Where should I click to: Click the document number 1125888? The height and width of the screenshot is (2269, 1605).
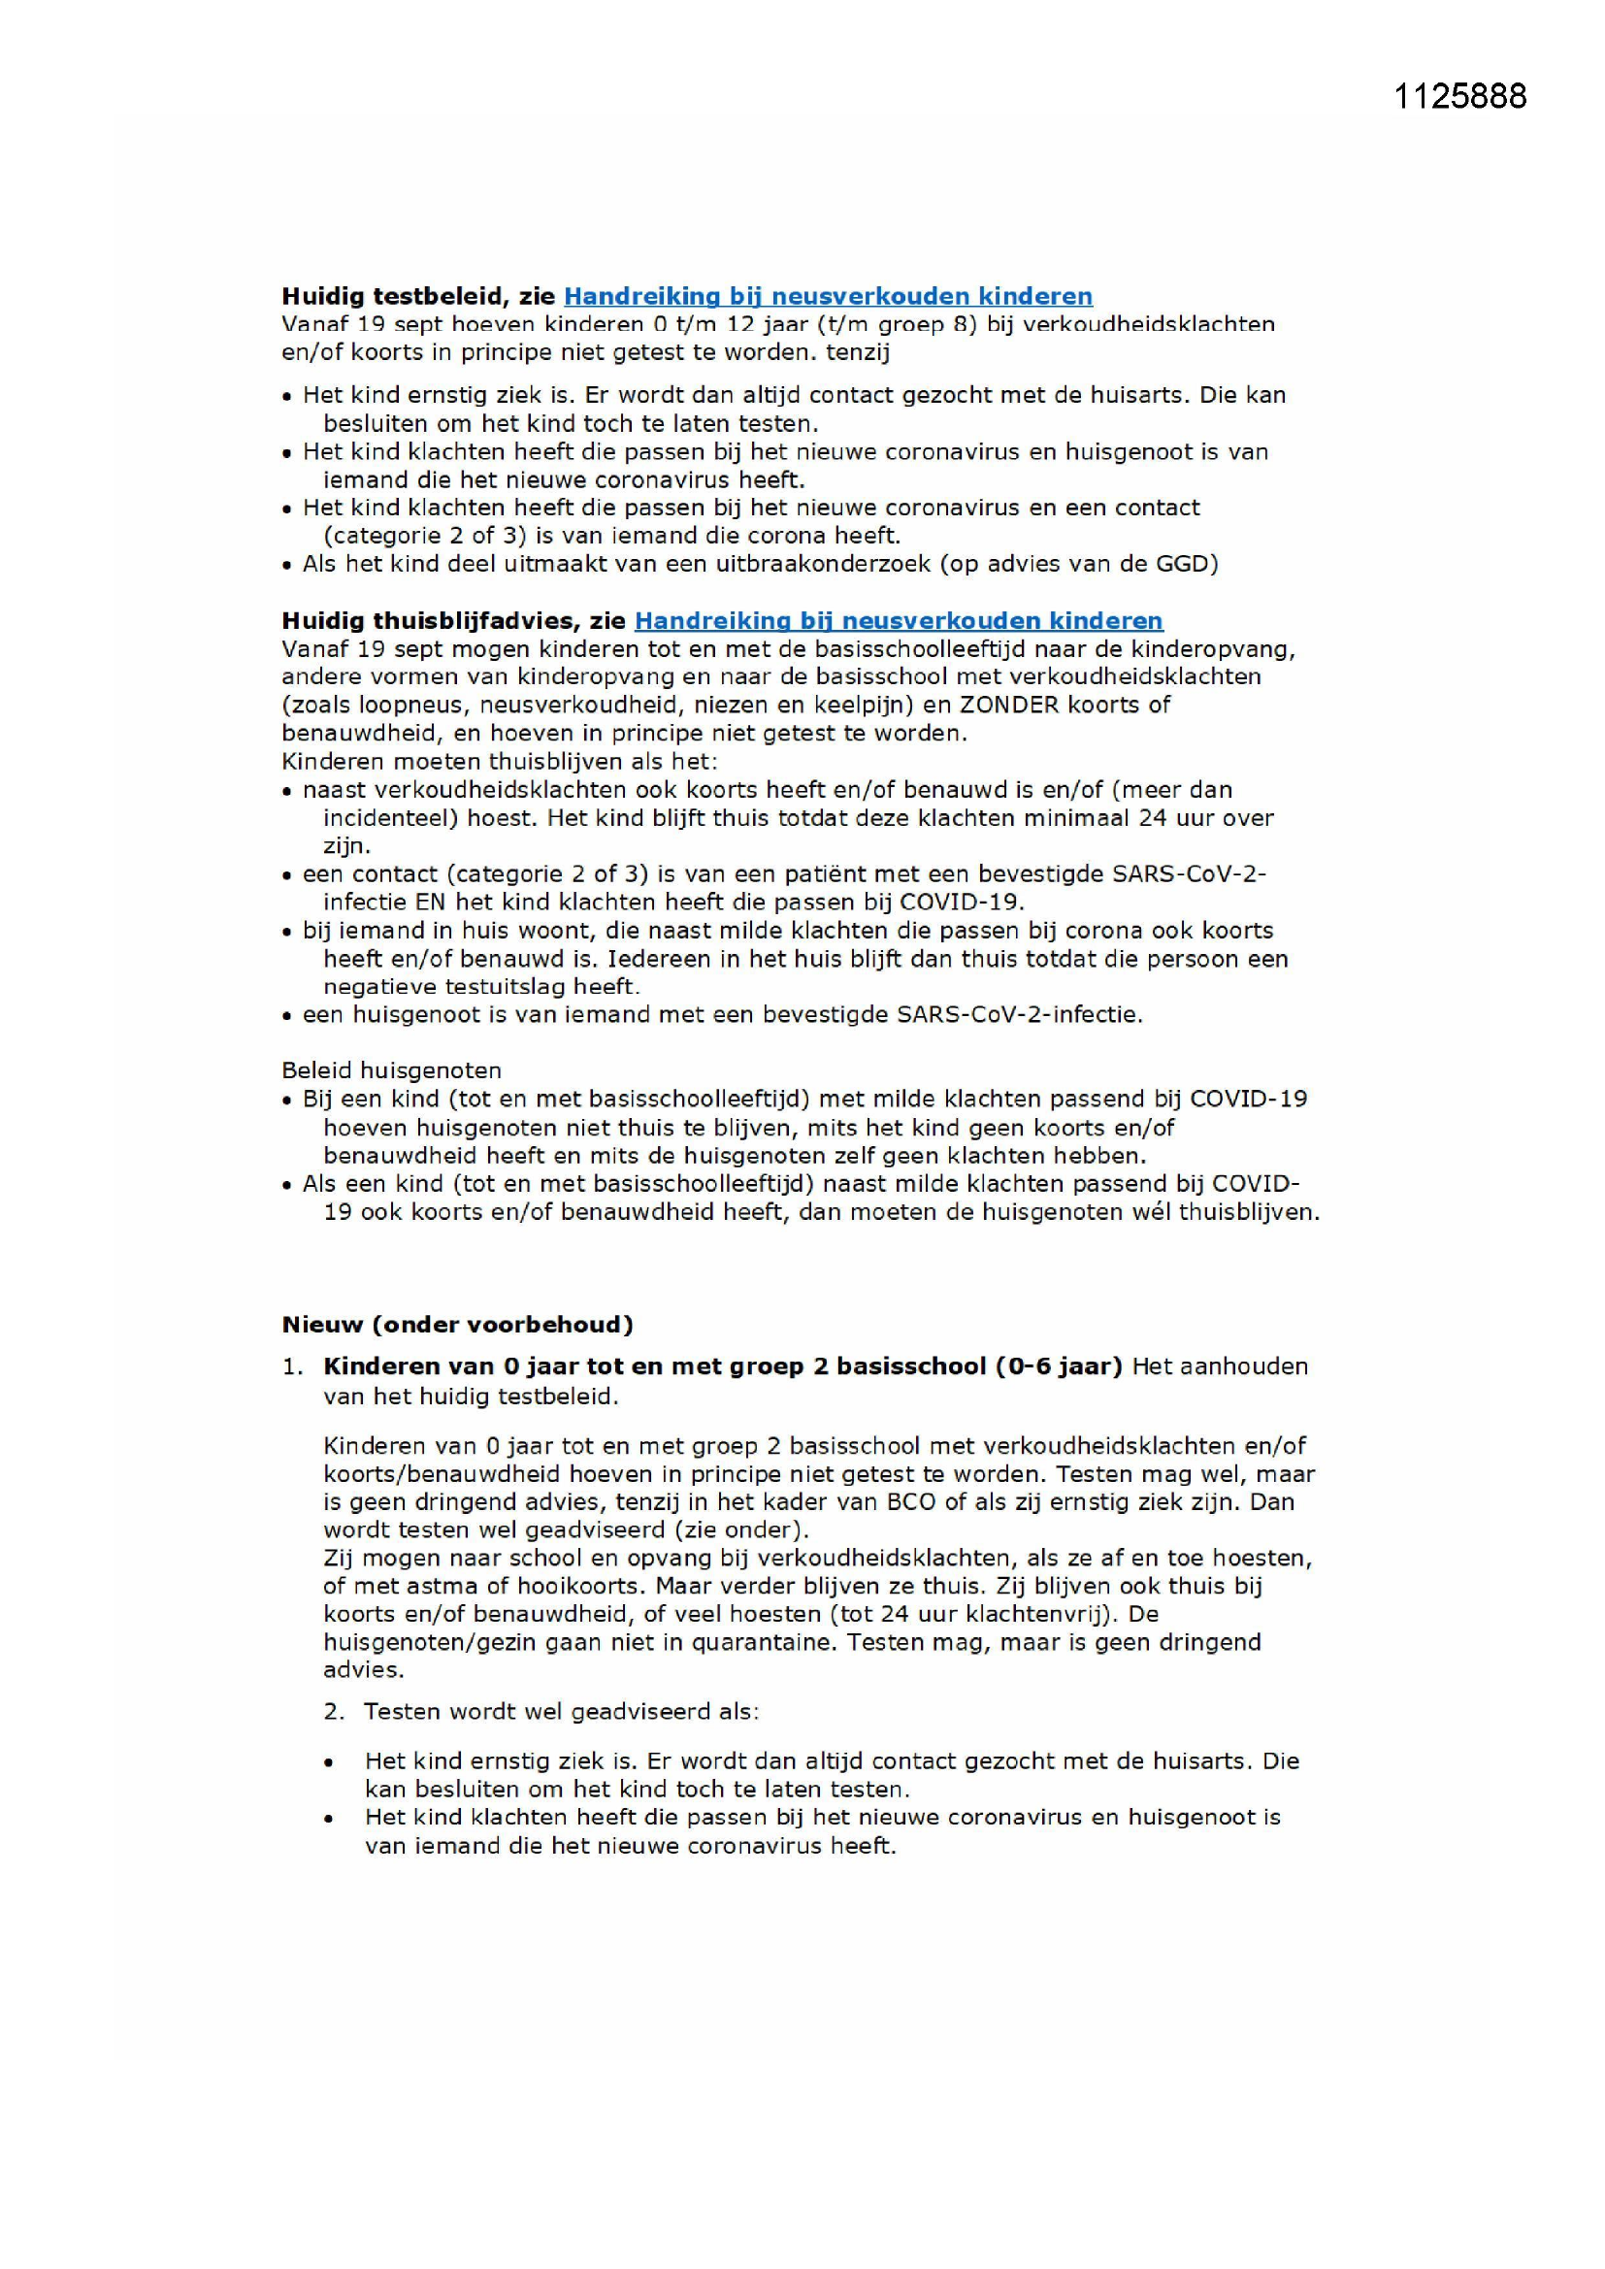pyautogui.click(x=1459, y=96)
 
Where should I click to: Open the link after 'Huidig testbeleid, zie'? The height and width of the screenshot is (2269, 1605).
pyautogui.click(x=828, y=296)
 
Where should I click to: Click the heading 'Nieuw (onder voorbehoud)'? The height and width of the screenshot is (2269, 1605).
pyautogui.click(x=457, y=1325)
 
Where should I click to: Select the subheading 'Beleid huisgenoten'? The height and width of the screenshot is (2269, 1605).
pyautogui.click(x=391, y=1070)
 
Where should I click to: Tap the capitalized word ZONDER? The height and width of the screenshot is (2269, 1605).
pyautogui.click(x=1009, y=705)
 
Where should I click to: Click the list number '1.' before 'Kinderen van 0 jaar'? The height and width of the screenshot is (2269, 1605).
pyautogui.click(x=292, y=1366)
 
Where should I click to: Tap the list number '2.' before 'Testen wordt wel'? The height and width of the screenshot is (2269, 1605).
pyautogui.click(x=334, y=1712)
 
